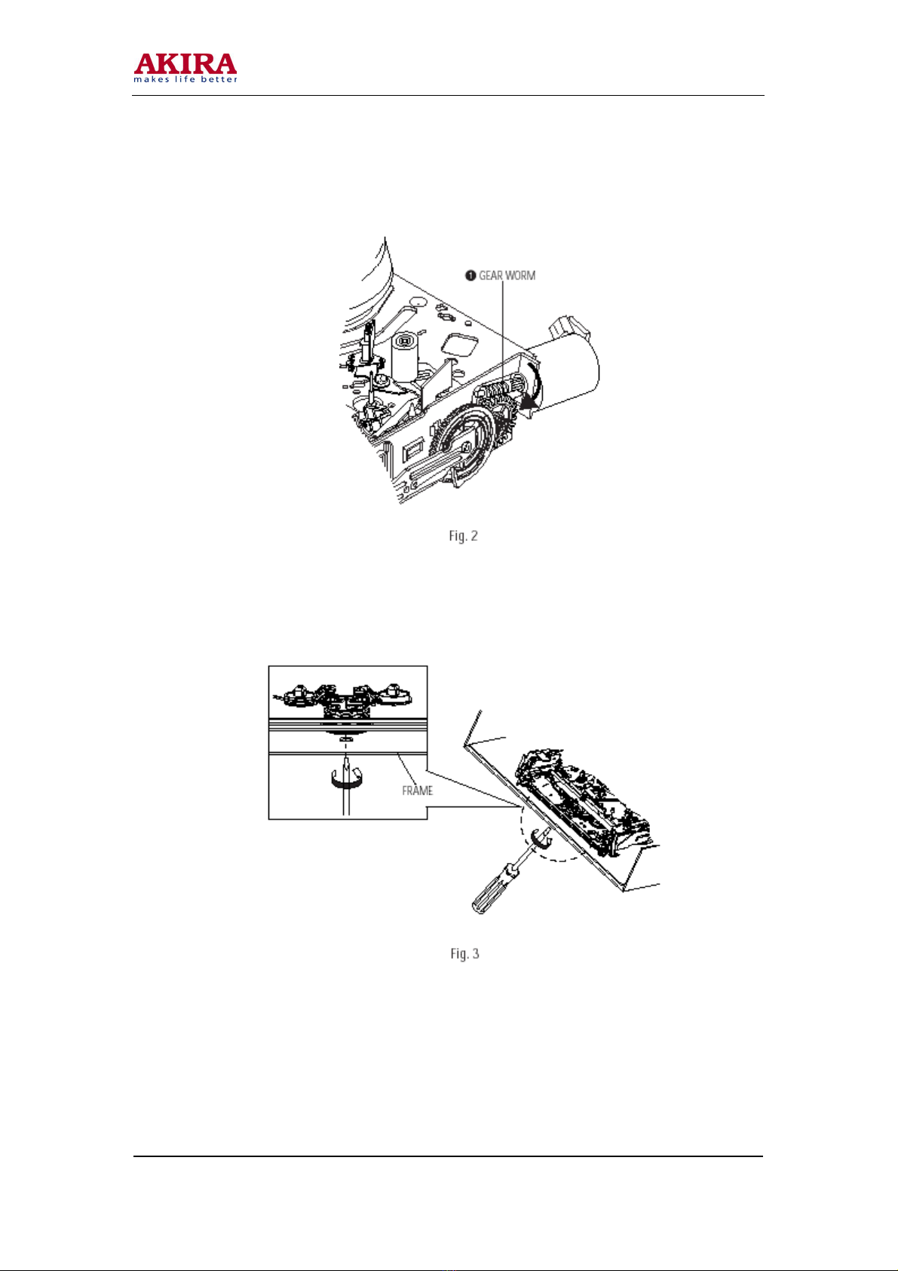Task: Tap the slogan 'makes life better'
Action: [x=185, y=79]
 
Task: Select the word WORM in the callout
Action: [x=521, y=276]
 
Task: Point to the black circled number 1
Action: [x=470, y=276]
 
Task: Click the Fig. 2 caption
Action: [x=463, y=536]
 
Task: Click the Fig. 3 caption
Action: [x=464, y=954]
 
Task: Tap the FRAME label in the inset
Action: [x=418, y=791]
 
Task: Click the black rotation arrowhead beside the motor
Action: [x=530, y=402]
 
